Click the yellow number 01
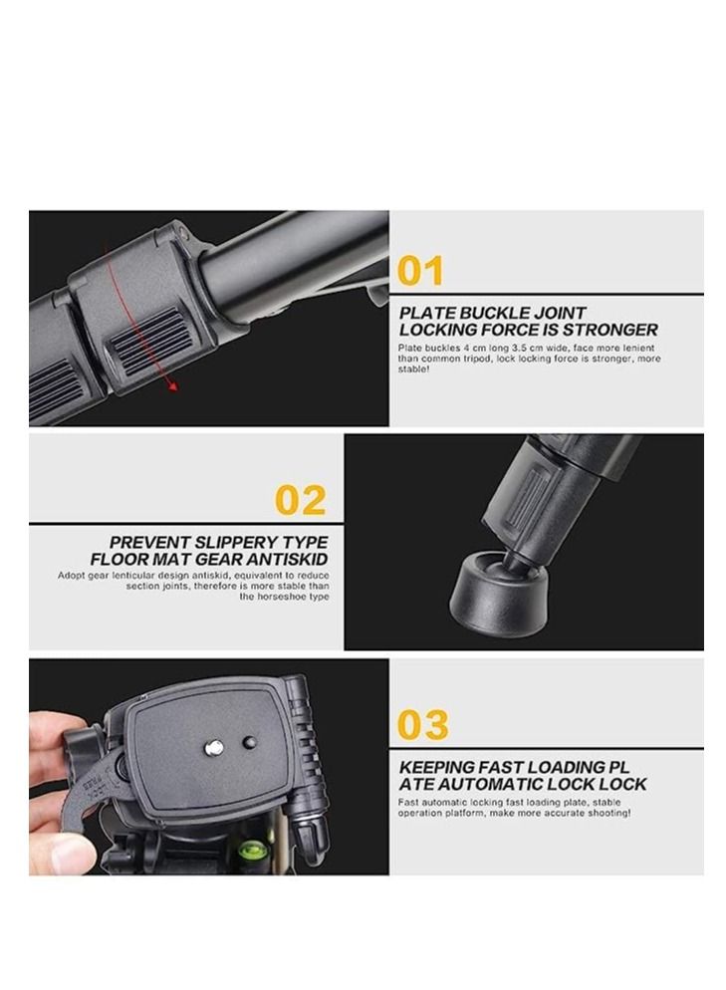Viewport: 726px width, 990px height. point(420,271)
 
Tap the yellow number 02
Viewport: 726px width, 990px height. point(300,500)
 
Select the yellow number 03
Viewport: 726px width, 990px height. point(422,725)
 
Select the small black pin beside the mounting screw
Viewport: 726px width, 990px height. point(249,743)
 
